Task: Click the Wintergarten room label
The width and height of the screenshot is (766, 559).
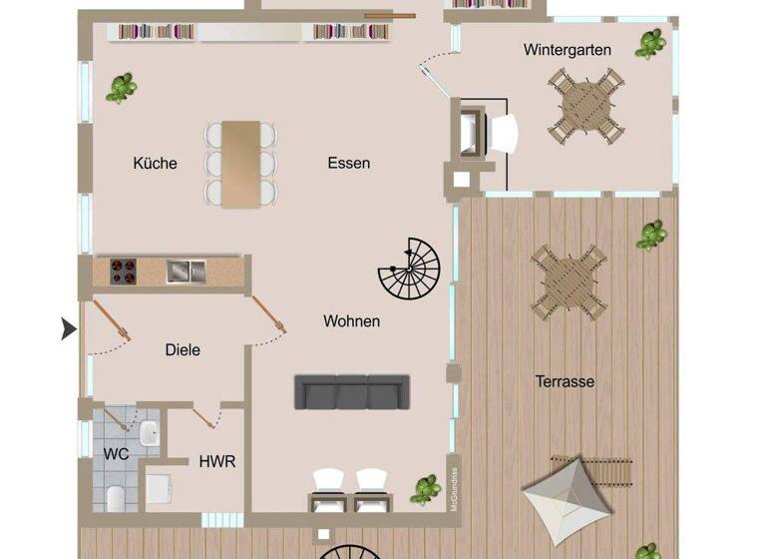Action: click(567, 49)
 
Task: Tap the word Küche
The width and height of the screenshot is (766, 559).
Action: click(155, 163)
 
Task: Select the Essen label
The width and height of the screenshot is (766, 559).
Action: click(348, 163)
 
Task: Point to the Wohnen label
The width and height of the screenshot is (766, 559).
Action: click(351, 321)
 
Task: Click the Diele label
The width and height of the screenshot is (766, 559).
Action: click(183, 349)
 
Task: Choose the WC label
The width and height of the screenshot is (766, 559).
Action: click(116, 452)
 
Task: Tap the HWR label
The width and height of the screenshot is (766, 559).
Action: click(217, 462)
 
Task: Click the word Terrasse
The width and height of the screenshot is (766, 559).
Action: click(565, 381)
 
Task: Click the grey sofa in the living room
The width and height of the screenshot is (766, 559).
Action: click(352, 391)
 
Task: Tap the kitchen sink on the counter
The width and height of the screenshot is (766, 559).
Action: click(186, 271)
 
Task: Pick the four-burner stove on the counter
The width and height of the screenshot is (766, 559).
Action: click(123, 271)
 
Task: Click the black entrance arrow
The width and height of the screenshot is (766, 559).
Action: click(68, 328)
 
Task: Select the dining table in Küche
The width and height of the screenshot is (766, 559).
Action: click(240, 164)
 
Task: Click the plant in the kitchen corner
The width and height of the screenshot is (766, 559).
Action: click(121, 88)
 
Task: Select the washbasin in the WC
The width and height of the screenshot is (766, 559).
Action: click(149, 432)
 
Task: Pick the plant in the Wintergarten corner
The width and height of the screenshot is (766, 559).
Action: click(650, 43)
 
